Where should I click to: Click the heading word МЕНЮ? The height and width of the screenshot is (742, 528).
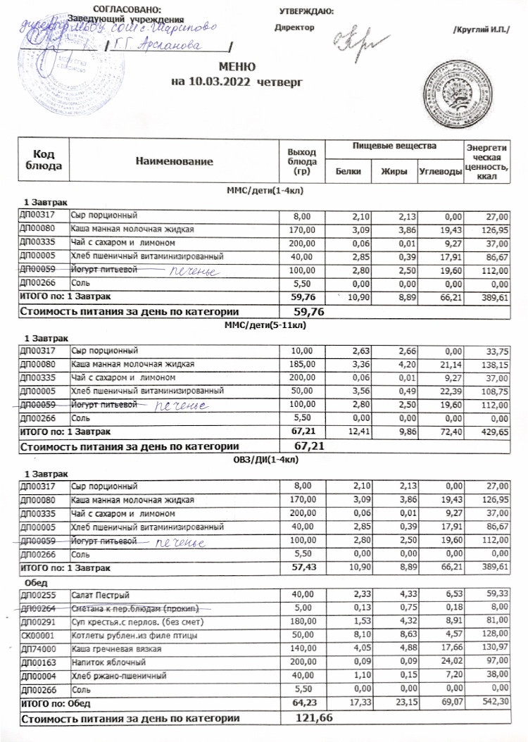pyautogui.click(x=235, y=68)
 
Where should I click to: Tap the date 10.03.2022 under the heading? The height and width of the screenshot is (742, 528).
pyautogui.click(x=213, y=82)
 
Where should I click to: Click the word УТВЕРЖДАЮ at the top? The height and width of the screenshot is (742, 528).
pyautogui.click(x=306, y=11)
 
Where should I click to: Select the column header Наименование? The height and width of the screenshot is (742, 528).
pyautogui.click(x=174, y=162)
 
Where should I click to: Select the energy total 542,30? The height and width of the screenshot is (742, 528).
pyautogui.click(x=491, y=703)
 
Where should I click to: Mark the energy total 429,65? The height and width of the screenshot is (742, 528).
pyautogui.click(x=491, y=430)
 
